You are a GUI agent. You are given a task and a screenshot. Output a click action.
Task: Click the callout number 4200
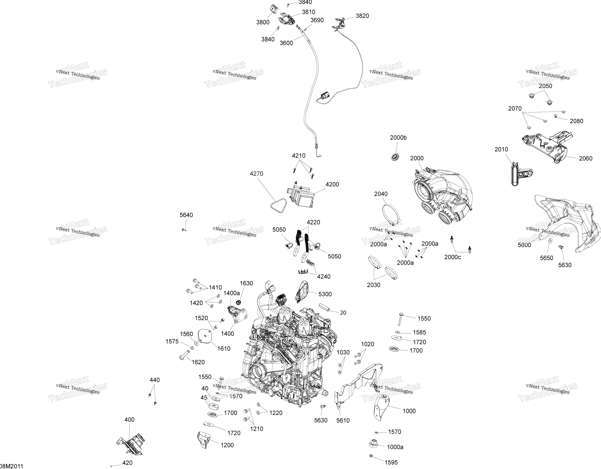click(332, 184)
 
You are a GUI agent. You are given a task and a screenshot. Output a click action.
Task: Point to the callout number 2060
click(586, 158)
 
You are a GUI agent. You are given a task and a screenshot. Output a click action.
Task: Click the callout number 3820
click(362, 16)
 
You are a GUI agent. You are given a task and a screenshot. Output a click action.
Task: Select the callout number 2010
click(501, 149)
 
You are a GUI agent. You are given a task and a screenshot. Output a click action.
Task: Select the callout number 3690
click(317, 20)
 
